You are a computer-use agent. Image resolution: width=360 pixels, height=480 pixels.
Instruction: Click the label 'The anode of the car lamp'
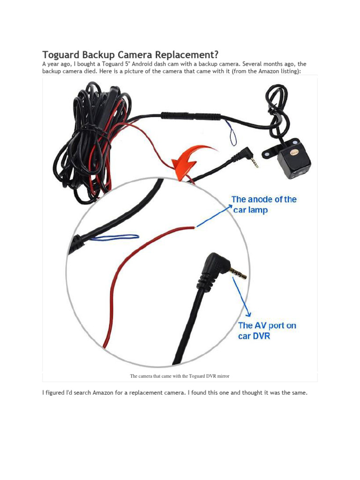pos(264,204)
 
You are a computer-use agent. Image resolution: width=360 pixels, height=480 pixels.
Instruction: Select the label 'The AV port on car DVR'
pos(267,330)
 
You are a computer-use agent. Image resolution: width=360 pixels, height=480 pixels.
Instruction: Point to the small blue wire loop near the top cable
pos(232,134)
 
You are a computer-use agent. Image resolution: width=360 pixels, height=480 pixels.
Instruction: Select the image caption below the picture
pos(180,376)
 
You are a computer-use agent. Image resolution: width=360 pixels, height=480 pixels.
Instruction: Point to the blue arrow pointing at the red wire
pos(213,217)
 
